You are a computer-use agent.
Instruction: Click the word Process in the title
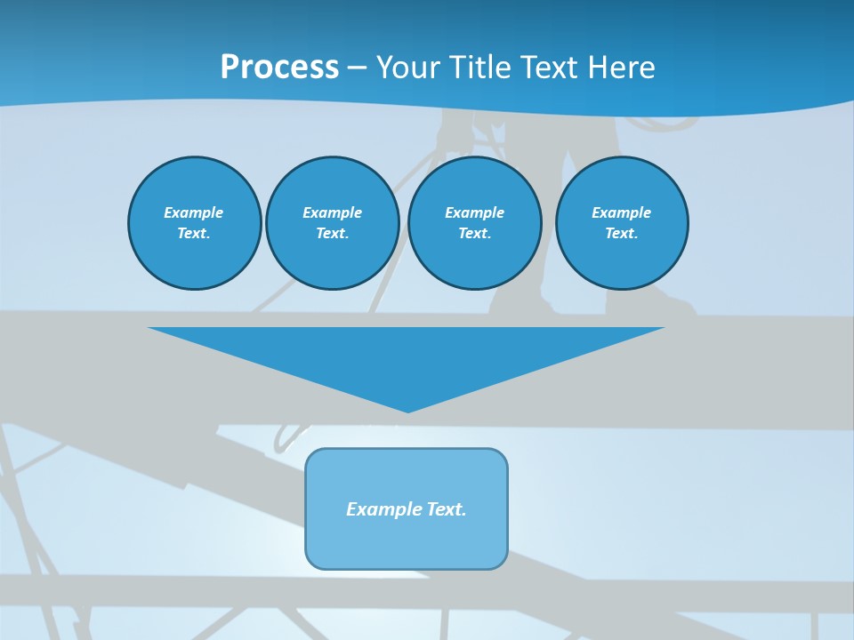(279, 68)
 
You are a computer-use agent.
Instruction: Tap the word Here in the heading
(621, 68)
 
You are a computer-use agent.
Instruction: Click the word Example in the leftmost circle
(193, 212)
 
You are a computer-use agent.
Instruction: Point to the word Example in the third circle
(474, 212)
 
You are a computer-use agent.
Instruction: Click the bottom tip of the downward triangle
(407, 410)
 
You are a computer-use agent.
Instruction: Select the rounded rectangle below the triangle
(407, 542)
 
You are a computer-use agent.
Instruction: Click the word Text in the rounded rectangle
(447, 509)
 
